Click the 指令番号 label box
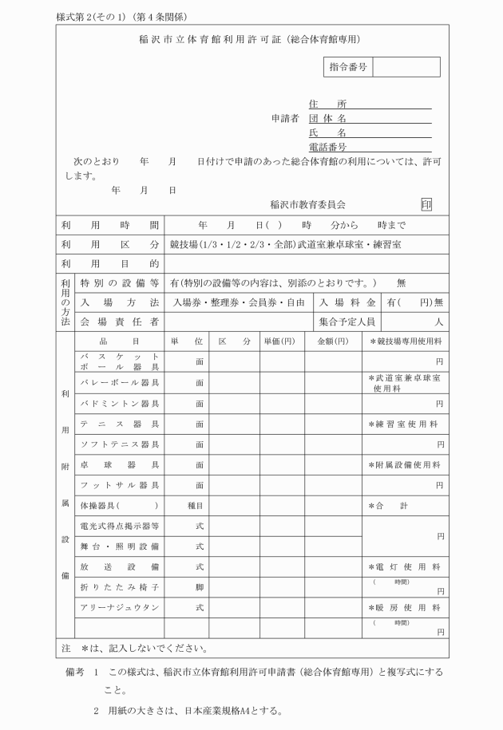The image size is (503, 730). (x=348, y=67)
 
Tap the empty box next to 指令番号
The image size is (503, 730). (x=406, y=67)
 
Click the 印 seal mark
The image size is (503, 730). (x=426, y=204)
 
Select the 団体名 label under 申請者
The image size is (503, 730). (x=327, y=118)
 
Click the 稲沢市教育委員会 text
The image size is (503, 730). (x=308, y=205)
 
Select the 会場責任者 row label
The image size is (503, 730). (x=119, y=322)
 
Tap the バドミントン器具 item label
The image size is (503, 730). (x=119, y=403)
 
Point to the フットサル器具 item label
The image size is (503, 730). (x=119, y=484)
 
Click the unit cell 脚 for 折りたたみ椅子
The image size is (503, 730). (x=199, y=587)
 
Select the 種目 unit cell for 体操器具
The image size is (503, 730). (x=199, y=505)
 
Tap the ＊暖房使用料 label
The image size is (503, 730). (x=404, y=607)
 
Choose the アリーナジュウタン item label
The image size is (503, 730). (x=119, y=607)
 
